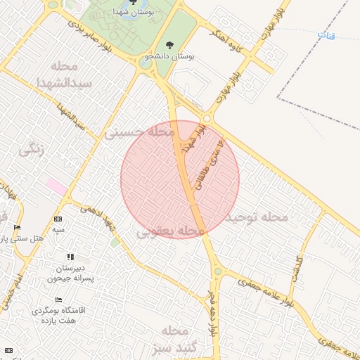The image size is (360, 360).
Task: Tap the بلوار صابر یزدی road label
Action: [101, 35]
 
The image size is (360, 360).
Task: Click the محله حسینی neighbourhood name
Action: [139, 131]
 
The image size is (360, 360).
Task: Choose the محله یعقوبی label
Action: [166, 231]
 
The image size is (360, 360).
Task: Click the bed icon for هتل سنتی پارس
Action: [18, 227]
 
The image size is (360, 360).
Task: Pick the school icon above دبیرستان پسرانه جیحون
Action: [70, 257]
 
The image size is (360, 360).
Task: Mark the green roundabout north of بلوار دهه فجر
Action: [219, 272]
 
